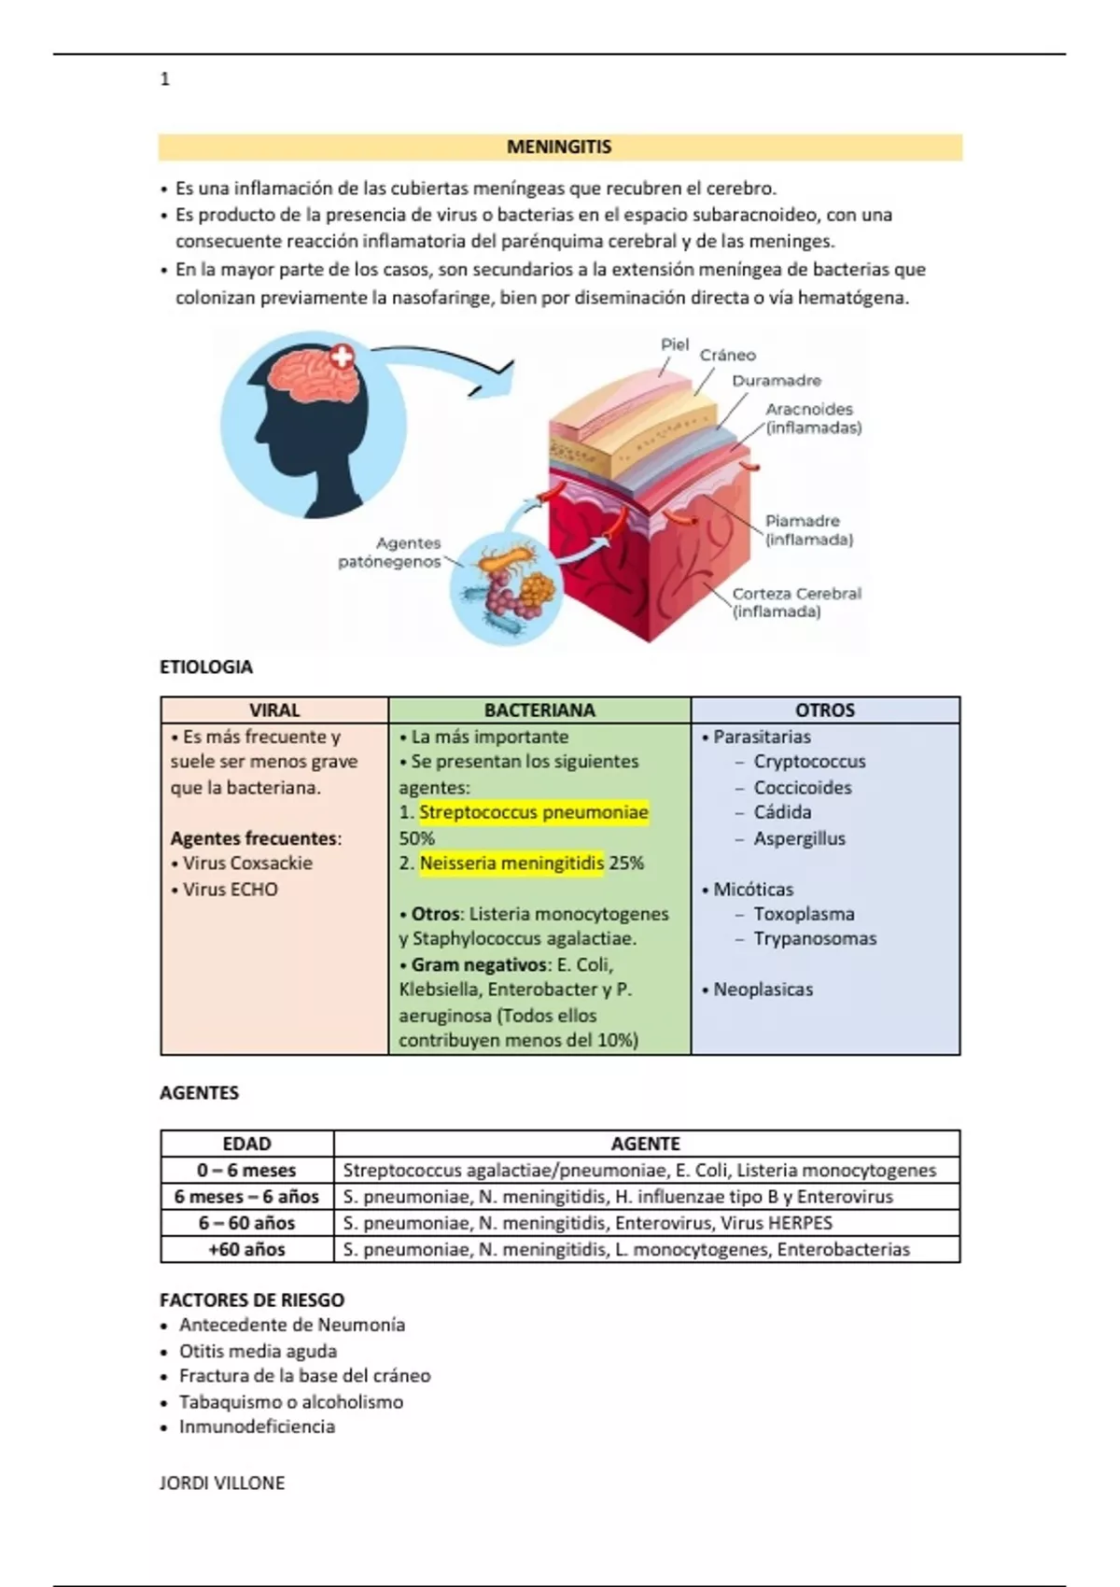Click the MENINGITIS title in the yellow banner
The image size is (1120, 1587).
559,147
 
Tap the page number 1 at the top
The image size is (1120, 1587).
165,79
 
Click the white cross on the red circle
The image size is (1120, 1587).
343,357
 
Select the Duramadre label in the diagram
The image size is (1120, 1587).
776,381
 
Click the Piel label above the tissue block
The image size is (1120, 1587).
674,344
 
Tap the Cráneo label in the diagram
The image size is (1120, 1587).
728,355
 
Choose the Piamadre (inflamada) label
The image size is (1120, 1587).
808,529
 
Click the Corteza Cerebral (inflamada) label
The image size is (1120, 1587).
795,602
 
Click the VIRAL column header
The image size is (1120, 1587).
274,709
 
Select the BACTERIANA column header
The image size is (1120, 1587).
539,709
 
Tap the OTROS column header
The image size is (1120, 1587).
825,709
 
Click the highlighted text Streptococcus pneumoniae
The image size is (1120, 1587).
533,812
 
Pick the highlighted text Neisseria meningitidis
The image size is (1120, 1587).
511,864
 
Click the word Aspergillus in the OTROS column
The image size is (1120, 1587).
799,838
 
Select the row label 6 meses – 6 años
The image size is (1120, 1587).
246,1197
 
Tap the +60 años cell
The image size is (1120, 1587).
246,1249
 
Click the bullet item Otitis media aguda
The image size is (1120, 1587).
258,1351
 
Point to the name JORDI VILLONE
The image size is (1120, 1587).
222,1482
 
